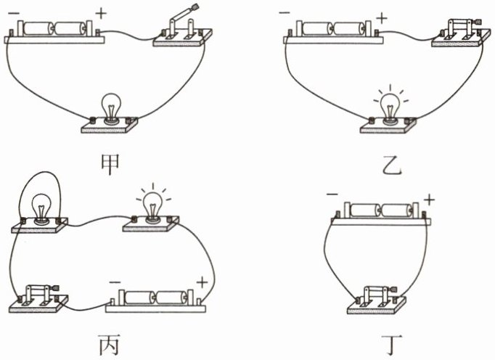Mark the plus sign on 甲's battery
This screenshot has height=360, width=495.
99,12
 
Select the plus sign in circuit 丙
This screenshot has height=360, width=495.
202,282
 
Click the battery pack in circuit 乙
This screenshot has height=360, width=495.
331,30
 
